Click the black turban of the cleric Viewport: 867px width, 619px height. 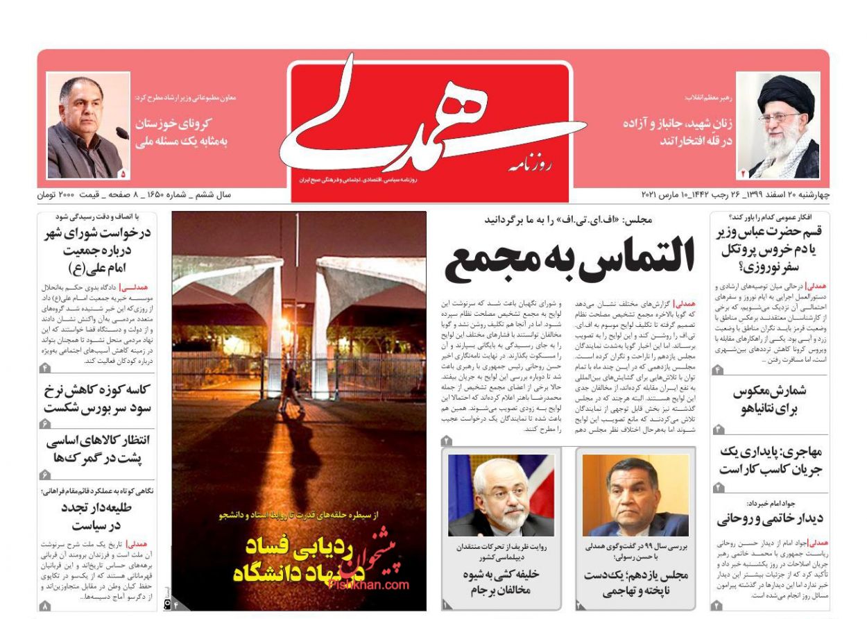pos(785,93)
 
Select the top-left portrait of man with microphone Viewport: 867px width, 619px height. pos(87,126)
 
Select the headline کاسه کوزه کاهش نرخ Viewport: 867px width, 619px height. pos(97,398)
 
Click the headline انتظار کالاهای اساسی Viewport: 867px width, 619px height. pos(98,448)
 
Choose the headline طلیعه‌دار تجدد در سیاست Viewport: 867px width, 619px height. pos(97,516)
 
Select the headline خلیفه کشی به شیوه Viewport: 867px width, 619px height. pos(501,582)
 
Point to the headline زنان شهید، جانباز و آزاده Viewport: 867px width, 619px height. pos(677,132)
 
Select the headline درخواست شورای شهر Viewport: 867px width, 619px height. pos(98,250)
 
